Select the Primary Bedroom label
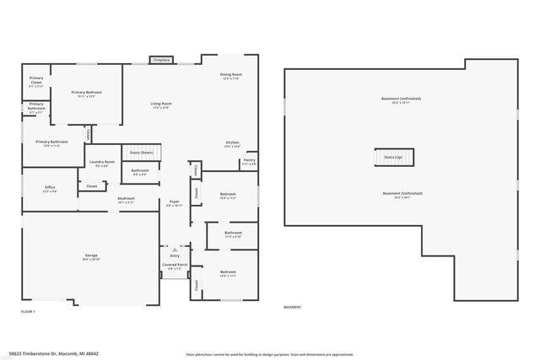(x=88, y=94)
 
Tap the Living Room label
(x=161, y=105)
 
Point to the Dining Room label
(x=231, y=76)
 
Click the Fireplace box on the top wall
(x=161, y=60)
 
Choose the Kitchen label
(x=232, y=143)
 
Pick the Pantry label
(x=249, y=161)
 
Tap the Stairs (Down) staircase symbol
(x=142, y=153)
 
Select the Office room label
(x=50, y=189)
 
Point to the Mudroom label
(x=127, y=201)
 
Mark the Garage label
(x=91, y=257)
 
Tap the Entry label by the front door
(x=175, y=255)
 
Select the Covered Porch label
(x=175, y=266)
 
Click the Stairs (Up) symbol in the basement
(x=394, y=158)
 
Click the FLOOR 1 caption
(x=28, y=312)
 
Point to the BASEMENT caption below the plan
(x=293, y=307)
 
